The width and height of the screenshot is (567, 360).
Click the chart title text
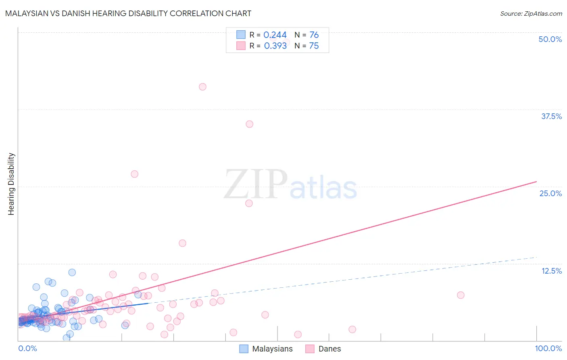(x=128, y=13)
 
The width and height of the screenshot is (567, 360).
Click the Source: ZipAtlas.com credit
(x=531, y=13)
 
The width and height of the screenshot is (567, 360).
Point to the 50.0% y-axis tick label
(x=550, y=39)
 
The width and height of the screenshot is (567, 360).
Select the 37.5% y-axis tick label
(x=551, y=116)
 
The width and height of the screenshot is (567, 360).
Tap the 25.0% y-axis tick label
(x=550, y=193)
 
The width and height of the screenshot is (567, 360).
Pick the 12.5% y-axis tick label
(x=551, y=271)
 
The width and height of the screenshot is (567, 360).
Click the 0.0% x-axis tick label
(x=27, y=348)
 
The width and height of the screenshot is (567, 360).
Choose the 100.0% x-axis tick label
(x=548, y=348)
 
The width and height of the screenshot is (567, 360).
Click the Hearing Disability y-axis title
(x=11, y=184)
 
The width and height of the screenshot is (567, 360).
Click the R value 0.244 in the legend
(x=275, y=35)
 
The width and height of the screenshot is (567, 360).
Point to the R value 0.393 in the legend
(x=275, y=46)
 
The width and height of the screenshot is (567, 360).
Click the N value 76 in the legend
(x=314, y=35)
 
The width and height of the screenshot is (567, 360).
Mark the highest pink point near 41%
(x=202, y=87)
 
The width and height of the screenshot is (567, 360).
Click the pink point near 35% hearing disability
(x=249, y=124)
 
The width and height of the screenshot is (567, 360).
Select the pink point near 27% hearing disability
(x=134, y=174)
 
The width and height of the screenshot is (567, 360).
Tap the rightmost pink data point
(x=461, y=295)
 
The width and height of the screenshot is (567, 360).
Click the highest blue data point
(x=72, y=272)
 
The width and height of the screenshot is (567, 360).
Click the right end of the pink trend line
(x=536, y=182)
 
